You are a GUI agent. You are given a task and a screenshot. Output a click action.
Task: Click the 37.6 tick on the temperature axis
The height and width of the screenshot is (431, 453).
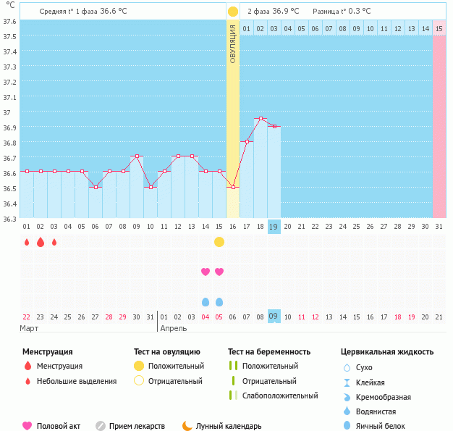(9, 20)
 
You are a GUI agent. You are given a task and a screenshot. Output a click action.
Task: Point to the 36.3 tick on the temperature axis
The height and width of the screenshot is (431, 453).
(9, 219)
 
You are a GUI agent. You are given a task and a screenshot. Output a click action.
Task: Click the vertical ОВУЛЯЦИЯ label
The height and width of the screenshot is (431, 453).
(233, 43)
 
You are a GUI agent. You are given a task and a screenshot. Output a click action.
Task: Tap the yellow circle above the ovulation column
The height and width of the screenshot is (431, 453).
(233, 12)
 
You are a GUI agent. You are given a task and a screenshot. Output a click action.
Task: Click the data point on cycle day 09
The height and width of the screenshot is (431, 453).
(137, 156)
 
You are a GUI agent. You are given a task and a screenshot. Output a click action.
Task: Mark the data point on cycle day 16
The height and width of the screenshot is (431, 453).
(233, 187)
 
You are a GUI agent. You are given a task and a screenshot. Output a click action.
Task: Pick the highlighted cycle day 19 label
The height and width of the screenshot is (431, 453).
(274, 226)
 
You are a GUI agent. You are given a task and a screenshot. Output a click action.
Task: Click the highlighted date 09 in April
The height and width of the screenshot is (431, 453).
(274, 316)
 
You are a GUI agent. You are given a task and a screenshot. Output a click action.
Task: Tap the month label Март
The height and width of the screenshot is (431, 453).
(30, 328)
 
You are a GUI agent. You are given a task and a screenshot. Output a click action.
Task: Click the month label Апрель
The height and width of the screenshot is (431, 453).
(174, 328)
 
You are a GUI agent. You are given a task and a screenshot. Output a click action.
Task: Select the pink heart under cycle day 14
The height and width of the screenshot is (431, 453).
(206, 272)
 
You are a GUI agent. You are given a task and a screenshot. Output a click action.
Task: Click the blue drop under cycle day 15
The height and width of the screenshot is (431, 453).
(219, 301)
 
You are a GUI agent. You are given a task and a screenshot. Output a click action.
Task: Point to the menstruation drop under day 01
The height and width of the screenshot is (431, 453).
(27, 242)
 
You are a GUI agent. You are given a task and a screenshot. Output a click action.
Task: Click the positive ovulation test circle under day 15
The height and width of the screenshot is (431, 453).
(219, 242)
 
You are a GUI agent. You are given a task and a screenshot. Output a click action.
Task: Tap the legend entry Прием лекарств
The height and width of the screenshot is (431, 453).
(136, 426)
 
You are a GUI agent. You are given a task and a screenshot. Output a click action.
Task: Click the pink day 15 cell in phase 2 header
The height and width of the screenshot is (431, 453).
(439, 28)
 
